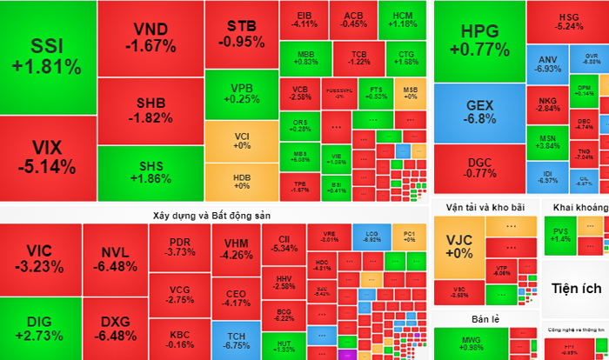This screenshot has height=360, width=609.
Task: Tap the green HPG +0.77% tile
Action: coord(479,41)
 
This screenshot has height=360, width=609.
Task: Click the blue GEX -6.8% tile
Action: coord(479,111)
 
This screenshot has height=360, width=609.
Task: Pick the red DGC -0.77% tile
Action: coord(479,167)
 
